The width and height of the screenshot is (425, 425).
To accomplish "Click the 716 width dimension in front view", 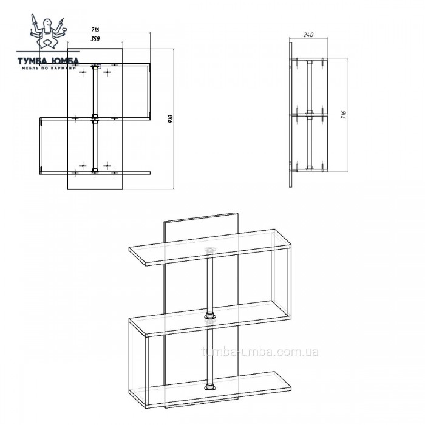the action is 95,30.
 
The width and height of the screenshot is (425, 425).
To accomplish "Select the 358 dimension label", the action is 95,39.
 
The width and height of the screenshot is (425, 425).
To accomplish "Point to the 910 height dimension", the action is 170,119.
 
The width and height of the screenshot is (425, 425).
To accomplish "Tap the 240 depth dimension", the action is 308,35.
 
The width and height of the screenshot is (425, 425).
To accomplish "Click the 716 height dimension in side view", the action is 344,115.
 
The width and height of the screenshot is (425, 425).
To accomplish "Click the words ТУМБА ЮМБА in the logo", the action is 48,61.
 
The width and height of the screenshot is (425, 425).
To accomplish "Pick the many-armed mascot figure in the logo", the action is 47,31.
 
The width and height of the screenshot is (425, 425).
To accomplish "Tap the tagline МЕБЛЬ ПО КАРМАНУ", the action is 48,68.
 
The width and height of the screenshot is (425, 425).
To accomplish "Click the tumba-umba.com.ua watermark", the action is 260,352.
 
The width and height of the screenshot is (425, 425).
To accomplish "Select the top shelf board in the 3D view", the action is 210,248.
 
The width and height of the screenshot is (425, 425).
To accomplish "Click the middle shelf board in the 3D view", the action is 210,319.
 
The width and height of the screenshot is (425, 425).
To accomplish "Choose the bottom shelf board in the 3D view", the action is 210,390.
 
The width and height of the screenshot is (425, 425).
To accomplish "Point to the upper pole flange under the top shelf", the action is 210,250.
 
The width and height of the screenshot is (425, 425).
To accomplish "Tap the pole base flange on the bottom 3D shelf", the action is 210,387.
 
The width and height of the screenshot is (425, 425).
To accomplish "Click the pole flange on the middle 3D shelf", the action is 210,316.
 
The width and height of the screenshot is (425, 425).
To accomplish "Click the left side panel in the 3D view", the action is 139,361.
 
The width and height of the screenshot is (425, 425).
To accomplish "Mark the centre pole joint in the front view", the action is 95,119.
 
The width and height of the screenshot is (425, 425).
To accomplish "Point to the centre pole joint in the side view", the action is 309,114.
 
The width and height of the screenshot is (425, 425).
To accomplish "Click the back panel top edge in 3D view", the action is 201,217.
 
